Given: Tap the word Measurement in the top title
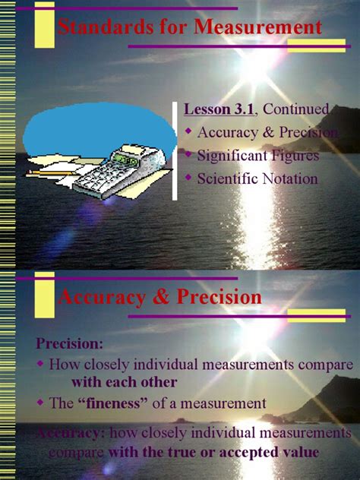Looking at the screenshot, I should [259, 28].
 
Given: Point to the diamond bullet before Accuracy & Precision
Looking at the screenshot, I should [189, 131].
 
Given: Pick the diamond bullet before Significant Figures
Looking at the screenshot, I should [189, 156].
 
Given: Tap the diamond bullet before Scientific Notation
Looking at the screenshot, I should [189, 178].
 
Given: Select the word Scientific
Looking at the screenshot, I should [225, 179].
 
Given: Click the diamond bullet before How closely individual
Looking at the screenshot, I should [40, 363].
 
